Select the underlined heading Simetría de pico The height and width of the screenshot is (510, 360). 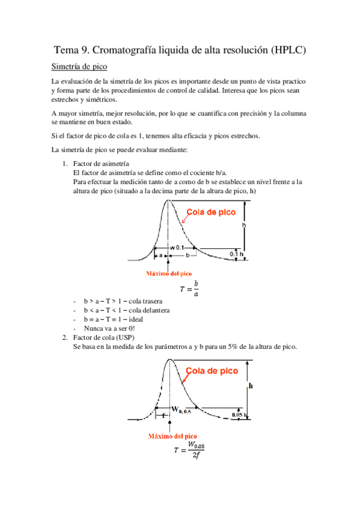click(80, 66)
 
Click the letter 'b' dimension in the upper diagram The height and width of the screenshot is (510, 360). click(188, 256)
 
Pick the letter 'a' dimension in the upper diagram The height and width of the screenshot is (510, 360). click(160, 256)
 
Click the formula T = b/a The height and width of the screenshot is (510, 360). click(188, 288)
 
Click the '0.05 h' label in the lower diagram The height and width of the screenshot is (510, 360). click(240, 414)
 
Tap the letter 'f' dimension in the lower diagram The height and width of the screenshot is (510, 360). click(163, 415)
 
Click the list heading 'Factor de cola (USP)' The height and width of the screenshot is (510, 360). click(109, 338)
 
